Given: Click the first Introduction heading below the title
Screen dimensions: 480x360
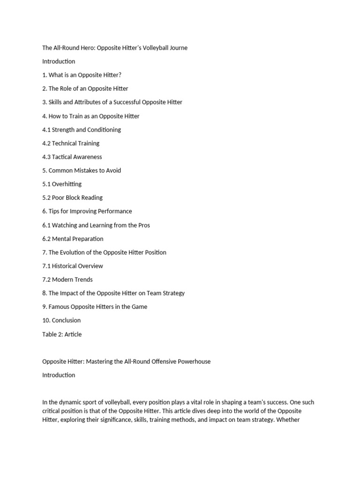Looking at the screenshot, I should (59, 61).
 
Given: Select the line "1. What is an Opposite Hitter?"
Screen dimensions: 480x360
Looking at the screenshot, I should (82, 75).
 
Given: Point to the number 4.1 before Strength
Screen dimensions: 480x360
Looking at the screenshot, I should (46, 129).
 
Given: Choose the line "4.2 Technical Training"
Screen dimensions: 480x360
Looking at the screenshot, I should (71, 143).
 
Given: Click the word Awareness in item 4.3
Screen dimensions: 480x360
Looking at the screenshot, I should (87, 157).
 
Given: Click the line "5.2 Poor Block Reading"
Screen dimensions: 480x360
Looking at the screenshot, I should (72, 197).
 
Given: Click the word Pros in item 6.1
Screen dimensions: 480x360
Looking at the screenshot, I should (144, 225).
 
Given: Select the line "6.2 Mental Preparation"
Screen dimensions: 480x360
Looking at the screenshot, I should (73, 239).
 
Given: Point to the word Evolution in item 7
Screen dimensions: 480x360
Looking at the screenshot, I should (73, 252).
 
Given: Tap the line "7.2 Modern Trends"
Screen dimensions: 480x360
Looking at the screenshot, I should (67, 279).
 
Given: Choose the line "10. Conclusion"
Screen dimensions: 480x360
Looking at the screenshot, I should (61, 320).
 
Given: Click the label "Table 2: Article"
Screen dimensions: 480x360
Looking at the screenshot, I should (62, 334).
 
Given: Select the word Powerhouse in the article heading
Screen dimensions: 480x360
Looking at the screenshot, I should (187, 361).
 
